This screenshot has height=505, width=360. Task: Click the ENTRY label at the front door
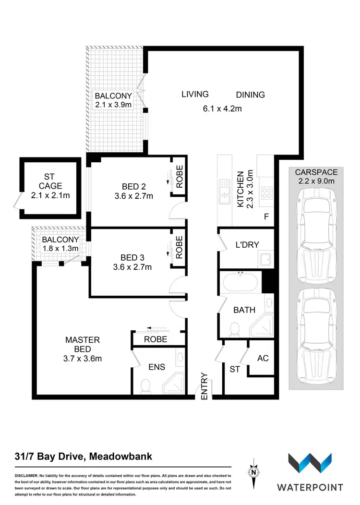pyautogui.click(x=204, y=386)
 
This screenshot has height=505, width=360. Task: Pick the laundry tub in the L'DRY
pyautogui.click(x=265, y=260)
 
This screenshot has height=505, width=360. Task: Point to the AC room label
pyautogui.click(x=263, y=358)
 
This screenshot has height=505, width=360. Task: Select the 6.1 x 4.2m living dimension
pyautogui.click(x=222, y=109)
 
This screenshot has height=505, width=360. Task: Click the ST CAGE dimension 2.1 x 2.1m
pyautogui.click(x=50, y=195)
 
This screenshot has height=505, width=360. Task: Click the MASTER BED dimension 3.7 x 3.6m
pyautogui.click(x=83, y=358)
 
